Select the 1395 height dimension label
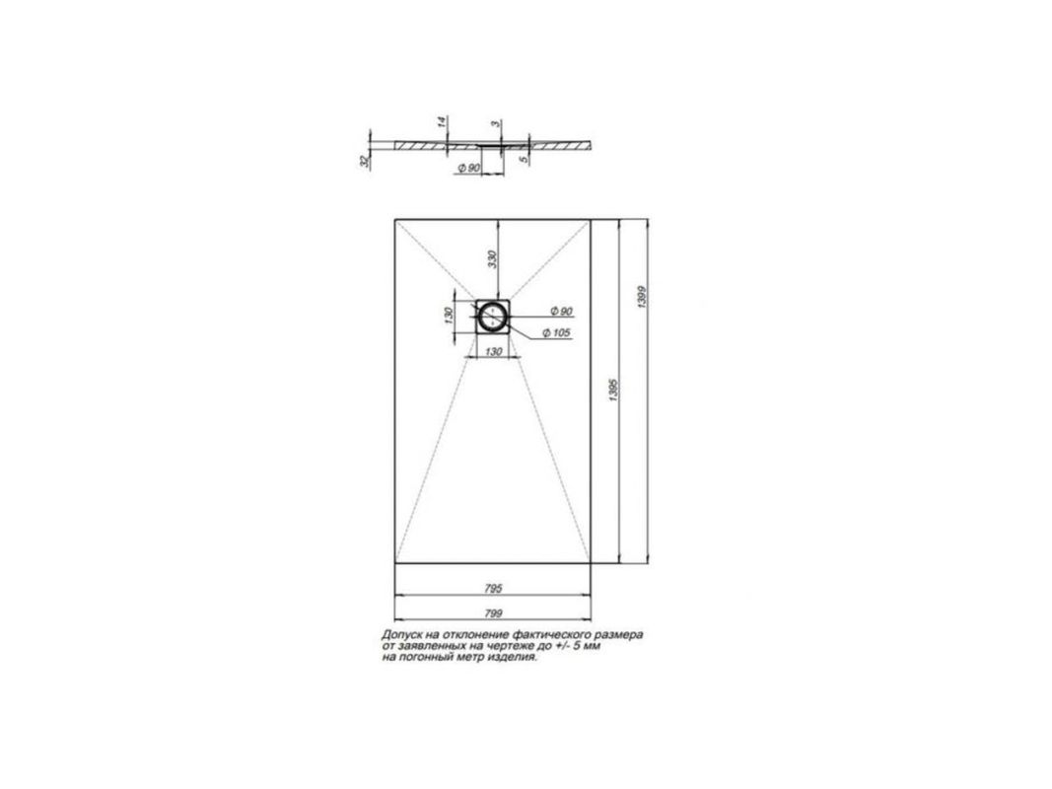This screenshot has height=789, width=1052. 612,390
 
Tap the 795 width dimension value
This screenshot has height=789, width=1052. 493,589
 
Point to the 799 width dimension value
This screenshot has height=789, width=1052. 493,612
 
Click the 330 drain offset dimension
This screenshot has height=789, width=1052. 492,259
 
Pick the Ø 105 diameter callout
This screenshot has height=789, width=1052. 555,332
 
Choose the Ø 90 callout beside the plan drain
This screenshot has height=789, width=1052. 560,312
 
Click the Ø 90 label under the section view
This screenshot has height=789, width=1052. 469,168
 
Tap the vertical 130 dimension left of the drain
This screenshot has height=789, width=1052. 449,316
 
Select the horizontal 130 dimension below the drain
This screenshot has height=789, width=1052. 493,351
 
